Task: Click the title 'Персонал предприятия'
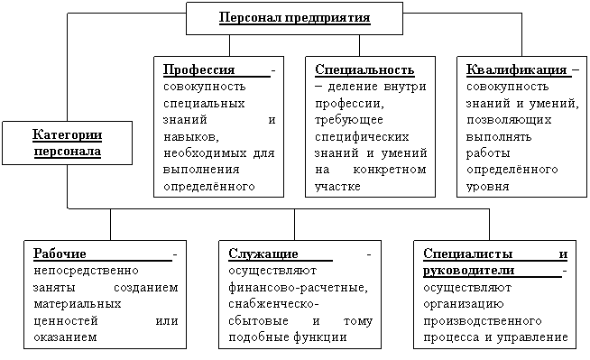click(295, 18)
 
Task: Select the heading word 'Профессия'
click(198, 70)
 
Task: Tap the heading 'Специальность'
click(364, 70)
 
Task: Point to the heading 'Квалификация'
click(516, 70)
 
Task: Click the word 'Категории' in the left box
click(68, 134)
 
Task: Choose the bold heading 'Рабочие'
click(60, 254)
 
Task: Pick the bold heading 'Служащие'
click(263, 254)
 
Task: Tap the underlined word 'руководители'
click(468, 271)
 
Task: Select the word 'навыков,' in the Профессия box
click(191, 137)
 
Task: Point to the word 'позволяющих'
click(509, 120)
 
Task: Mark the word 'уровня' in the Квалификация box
click(488, 187)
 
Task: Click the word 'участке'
click(337, 187)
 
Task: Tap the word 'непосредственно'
click(87, 271)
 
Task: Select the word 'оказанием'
click(65, 337)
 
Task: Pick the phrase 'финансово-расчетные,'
click(298, 288)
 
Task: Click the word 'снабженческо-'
click(273, 304)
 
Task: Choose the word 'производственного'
click(483, 321)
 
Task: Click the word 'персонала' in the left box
click(68, 152)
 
